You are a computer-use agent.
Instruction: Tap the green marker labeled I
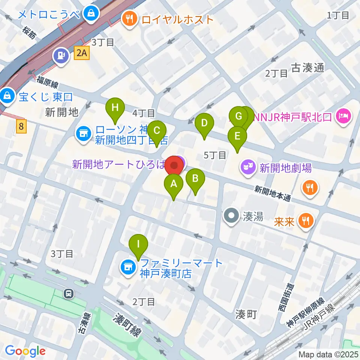coord(139,244)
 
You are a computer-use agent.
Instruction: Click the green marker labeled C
coord(157,131)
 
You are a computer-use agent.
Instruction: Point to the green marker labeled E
coord(237,136)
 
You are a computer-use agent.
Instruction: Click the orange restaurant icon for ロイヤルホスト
coord(130,19)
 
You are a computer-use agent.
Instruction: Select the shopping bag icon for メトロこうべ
coord(91,14)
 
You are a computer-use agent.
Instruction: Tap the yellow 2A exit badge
coord(82,54)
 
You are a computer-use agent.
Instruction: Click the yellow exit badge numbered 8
coord(21,127)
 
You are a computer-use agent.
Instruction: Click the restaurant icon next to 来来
coord(306,220)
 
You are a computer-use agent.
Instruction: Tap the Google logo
coord(25,351)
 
